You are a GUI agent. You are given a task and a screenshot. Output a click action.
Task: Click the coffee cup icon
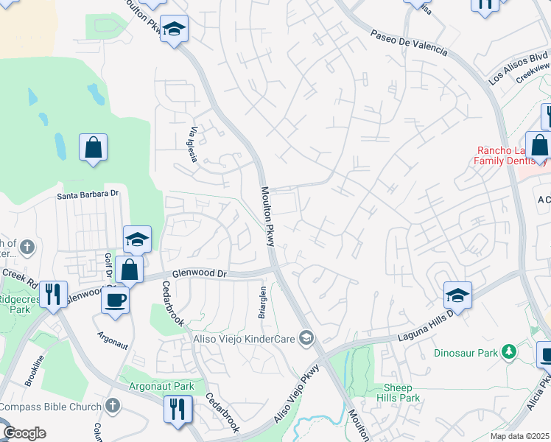tap(115, 300)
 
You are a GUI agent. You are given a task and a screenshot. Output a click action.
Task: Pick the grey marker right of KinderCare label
tap(306, 339)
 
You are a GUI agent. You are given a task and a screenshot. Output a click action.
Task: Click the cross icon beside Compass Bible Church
tap(112, 405)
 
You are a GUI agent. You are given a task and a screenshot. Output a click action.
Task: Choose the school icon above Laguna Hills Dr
tap(457, 295)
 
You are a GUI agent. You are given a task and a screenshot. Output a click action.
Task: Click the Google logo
tap(24, 433)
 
